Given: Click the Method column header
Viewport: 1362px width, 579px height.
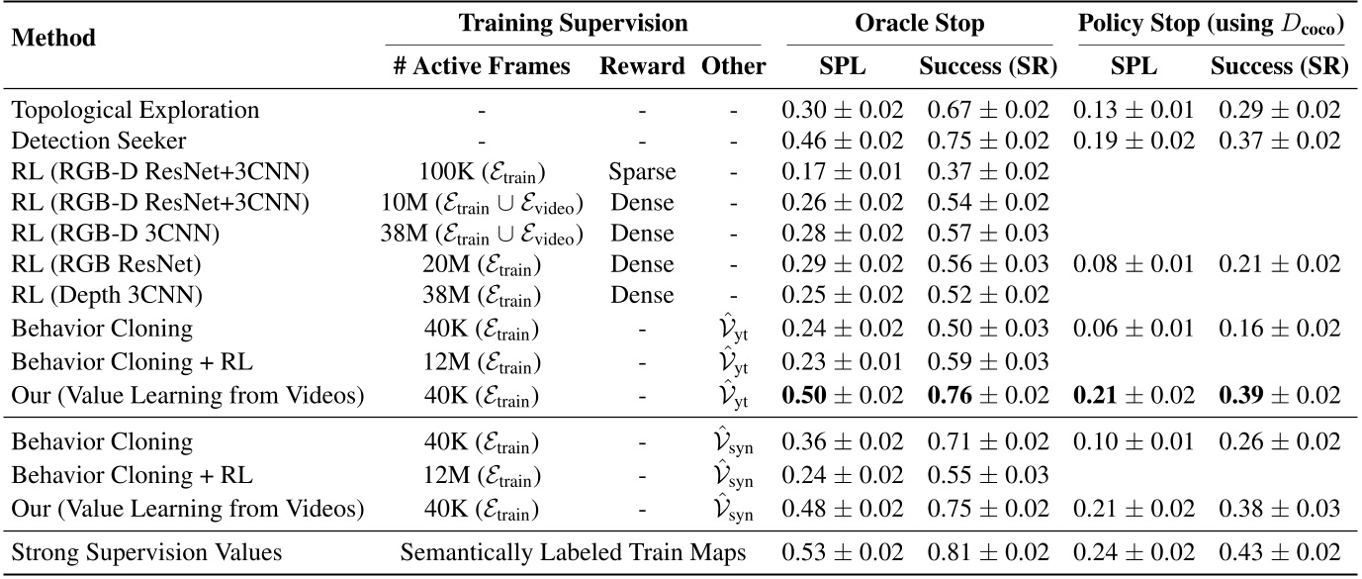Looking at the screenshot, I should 54,39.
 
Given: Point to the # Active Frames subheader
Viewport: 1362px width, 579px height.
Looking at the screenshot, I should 482,66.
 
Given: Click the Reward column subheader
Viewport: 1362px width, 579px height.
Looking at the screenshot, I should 642,66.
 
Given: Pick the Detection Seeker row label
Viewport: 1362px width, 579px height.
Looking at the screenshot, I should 98,141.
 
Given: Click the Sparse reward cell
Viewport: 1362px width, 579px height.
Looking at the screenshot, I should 643,171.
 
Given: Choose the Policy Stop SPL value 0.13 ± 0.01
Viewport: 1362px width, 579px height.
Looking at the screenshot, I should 1133,110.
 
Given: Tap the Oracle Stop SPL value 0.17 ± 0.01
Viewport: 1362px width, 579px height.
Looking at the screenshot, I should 841,171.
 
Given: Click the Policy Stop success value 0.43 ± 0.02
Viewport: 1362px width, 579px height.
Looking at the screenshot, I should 1279,551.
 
